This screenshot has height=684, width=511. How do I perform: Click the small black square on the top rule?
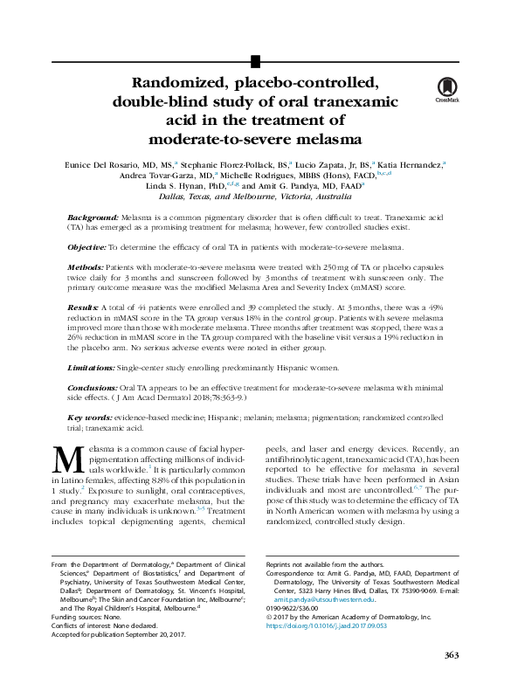click(x=255, y=60)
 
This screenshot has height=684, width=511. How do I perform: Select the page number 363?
click(x=451, y=655)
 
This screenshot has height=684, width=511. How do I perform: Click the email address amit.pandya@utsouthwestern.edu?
click(x=323, y=599)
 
